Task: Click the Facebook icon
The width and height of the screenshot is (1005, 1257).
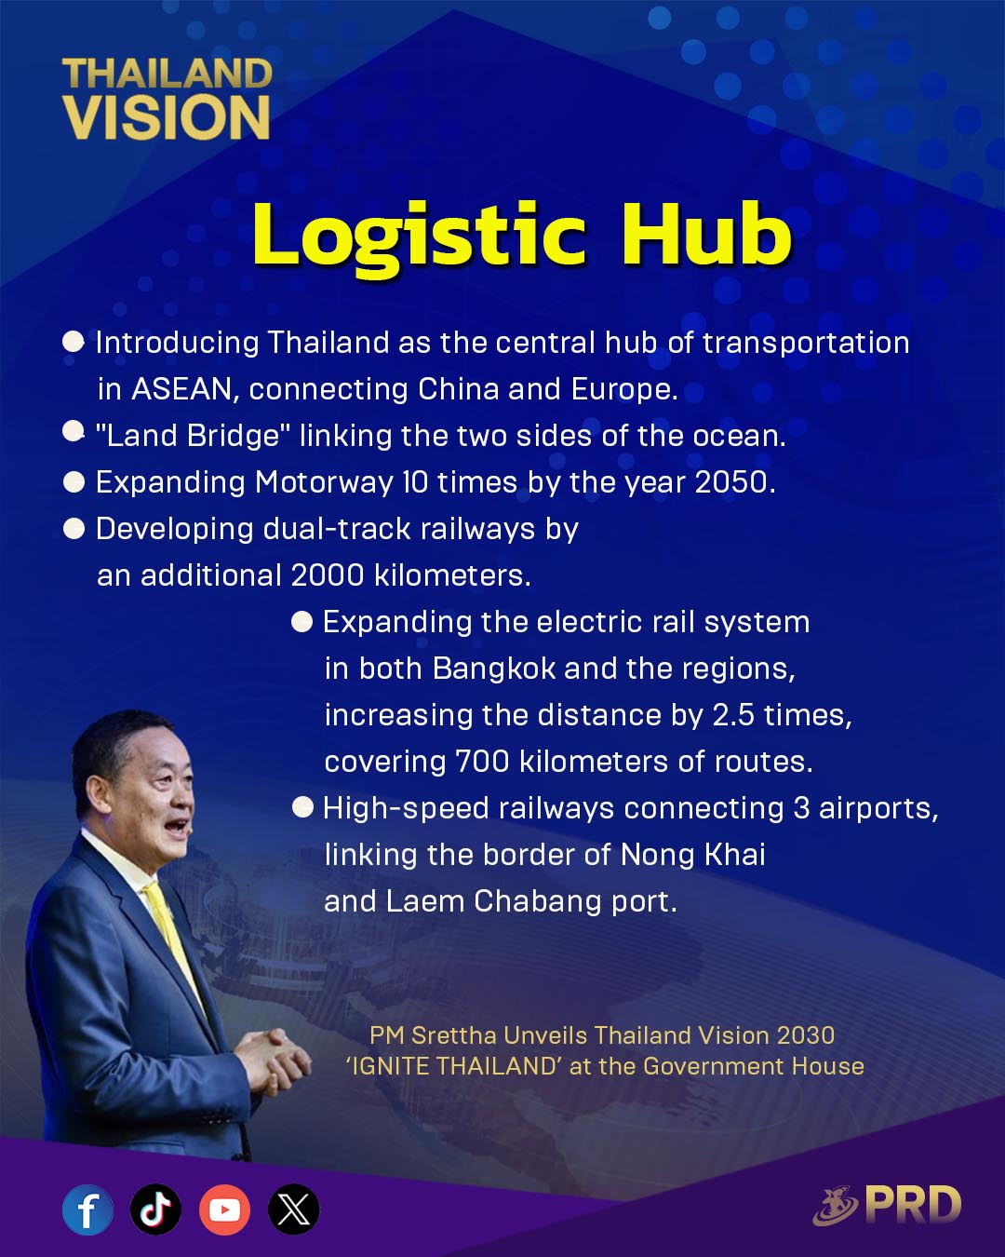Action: [x=87, y=1210]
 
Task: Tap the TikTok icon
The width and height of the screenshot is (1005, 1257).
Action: [x=155, y=1210]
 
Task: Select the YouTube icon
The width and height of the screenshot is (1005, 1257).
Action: [x=224, y=1210]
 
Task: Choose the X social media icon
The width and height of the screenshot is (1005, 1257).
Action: [x=293, y=1210]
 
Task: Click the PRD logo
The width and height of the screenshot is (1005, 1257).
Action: [x=887, y=1205]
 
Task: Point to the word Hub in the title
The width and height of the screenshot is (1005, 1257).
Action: [x=706, y=236]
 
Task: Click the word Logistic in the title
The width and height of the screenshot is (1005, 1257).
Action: [x=419, y=239]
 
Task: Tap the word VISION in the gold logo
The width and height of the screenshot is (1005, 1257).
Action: [x=167, y=117]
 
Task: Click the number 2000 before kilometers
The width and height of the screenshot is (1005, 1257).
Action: [x=327, y=575]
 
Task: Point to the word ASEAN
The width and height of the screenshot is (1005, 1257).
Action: [x=181, y=389]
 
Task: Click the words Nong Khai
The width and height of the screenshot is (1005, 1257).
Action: [x=692, y=855]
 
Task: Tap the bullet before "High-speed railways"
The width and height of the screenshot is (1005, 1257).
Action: [x=302, y=808]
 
